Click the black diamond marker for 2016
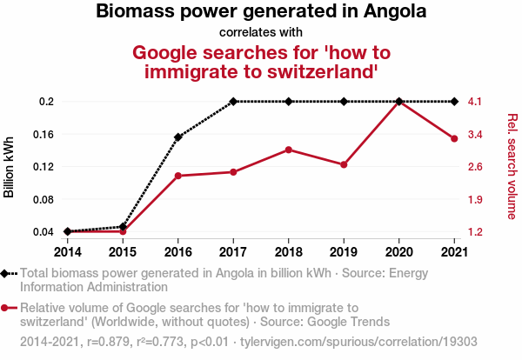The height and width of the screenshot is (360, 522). [x=178, y=137]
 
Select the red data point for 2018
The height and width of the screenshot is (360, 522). [x=288, y=150]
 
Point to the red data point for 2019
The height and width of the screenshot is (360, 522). [x=344, y=164]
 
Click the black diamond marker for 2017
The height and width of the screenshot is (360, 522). [x=233, y=102]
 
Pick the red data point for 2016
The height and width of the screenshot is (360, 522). [x=178, y=176]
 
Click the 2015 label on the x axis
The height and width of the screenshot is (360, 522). [x=123, y=251]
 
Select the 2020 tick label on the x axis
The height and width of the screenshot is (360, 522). [x=398, y=251]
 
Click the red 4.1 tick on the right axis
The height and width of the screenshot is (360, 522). [x=475, y=102]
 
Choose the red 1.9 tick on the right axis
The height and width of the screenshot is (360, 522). [x=475, y=199]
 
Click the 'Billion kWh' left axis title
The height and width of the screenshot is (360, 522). [x=10, y=166]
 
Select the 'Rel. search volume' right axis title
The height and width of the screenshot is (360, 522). [x=512, y=166]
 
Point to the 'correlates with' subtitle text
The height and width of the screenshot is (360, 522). [x=260, y=32]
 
